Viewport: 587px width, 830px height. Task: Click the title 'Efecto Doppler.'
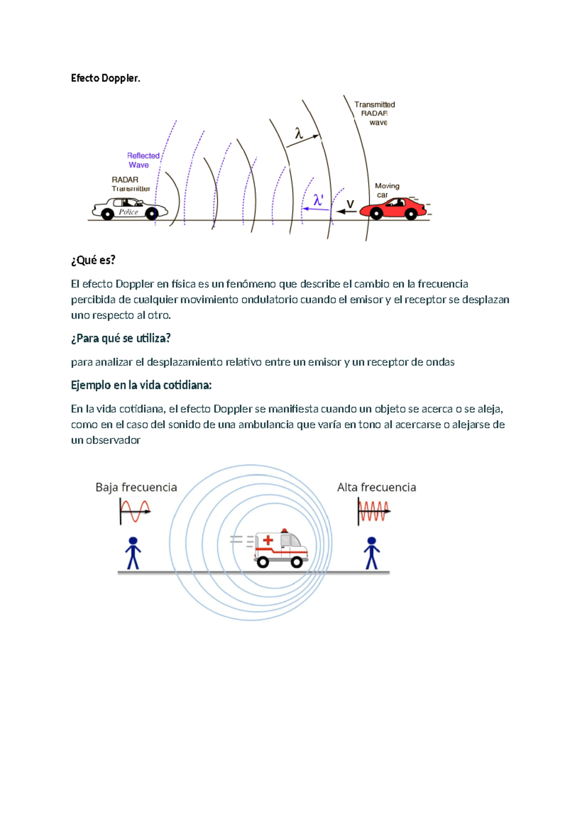click(x=105, y=78)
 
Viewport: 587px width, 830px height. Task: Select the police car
click(x=130, y=209)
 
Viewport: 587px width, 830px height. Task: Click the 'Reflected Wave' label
click(x=143, y=160)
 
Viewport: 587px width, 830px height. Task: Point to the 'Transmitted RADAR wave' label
click(x=375, y=114)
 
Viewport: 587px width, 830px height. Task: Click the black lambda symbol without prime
click(x=299, y=133)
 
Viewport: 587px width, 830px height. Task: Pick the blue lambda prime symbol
click(x=318, y=200)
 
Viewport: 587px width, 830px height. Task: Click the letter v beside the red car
click(x=350, y=204)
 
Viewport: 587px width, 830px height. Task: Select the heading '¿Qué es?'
click(x=93, y=260)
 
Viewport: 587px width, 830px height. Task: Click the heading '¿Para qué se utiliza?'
click(x=121, y=338)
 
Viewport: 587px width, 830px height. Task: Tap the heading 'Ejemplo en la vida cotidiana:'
click(x=141, y=385)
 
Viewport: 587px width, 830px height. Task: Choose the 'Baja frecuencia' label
click(x=136, y=487)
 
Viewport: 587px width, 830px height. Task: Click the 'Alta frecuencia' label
click(x=376, y=487)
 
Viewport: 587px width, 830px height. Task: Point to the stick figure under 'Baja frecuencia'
click(x=133, y=553)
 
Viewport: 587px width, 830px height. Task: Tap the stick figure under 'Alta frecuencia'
click(x=372, y=553)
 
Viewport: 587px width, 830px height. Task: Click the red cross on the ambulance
click(x=268, y=540)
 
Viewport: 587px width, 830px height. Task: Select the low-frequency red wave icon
click(x=135, y=511)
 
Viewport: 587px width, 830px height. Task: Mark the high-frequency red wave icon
click(x=374, y=511)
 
